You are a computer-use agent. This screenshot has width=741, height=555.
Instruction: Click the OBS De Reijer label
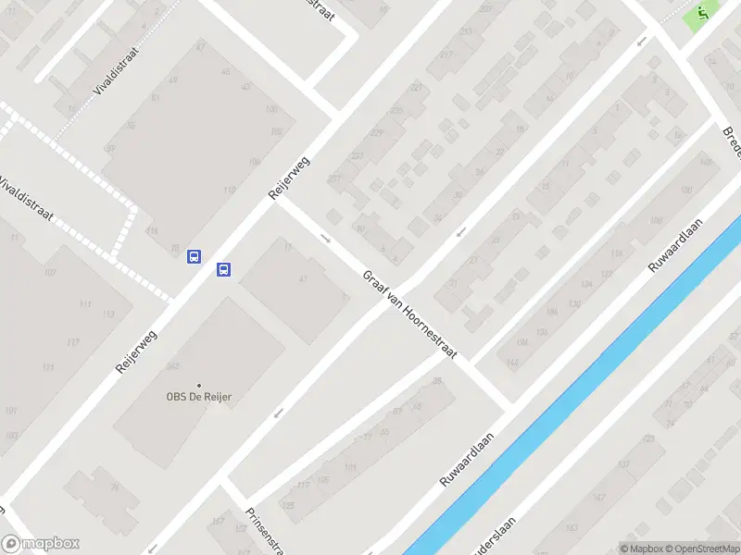pos(199,397)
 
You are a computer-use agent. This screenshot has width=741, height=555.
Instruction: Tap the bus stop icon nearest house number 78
pos(195,256)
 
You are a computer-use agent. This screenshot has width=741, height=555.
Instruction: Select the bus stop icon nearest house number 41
pos(223,269)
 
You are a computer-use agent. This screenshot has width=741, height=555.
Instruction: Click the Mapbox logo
pos(42,544)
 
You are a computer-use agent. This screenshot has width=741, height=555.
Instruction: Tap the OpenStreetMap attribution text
pos(701,549)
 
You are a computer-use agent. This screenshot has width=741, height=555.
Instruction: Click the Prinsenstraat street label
pos(263,530)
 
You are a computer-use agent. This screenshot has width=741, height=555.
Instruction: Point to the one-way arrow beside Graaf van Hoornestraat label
pos(326,239)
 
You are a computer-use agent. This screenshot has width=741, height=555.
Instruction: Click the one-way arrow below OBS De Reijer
pos(277,413)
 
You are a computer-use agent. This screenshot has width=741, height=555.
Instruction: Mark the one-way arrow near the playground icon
pos(641,41)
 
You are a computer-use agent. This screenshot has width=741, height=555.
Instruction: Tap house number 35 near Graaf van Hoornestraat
pos(436,381)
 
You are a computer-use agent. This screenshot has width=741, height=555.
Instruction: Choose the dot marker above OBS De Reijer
pos(198,385)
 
